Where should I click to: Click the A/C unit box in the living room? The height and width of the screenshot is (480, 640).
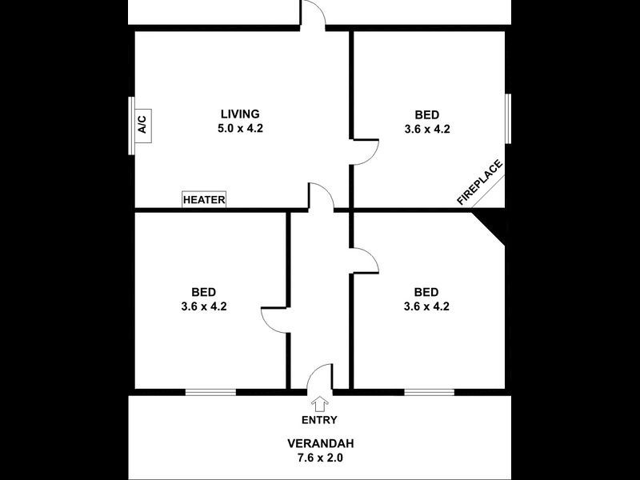pyautogui.click(x=142, y=124)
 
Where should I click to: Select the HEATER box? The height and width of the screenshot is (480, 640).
pyautogui.click(x=204, y=200)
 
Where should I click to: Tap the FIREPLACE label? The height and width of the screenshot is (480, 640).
pyautogui.click(x=480, y=183)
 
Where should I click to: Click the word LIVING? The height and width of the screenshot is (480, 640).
pyautogui.click(x=240, y=114)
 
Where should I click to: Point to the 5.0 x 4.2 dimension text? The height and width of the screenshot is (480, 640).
pyautogui.click(x=240, y=128)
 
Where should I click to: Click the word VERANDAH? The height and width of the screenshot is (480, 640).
pyautogui.click(x=320, y=443)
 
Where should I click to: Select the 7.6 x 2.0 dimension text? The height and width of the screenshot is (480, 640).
pyautogui.click(x=320, y=458)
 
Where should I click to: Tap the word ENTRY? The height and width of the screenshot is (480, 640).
pyautogui.click(x=319, y=420)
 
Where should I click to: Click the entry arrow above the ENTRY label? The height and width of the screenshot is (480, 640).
pyautogui.click(x=320, y=404)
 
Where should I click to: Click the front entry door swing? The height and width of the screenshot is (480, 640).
pyautogui.click(x=321, y=378)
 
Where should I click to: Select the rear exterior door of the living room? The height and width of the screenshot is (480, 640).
pyautogui.click(x=313, y=15)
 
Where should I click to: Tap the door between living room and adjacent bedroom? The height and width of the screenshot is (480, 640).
pyautogui.click(x=365, y=152)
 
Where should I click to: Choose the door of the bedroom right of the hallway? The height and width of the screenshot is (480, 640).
pyautogui.click(x=365, y=260)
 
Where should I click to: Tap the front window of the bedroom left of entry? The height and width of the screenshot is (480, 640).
pyautogui.click(x=210, y=392)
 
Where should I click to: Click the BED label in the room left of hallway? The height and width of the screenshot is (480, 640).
pyautogui.click(x=203, y=292)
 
